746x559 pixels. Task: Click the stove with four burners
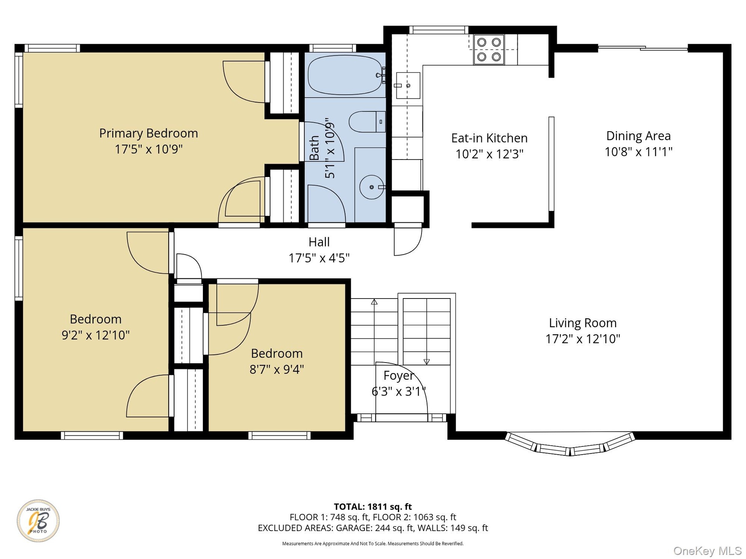489,49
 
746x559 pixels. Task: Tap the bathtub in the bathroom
345,75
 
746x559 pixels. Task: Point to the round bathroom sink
371,187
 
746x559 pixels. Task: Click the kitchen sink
408,85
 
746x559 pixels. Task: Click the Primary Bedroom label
148,133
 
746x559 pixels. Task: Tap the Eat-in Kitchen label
489,138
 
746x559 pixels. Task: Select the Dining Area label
638,136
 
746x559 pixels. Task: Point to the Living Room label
582,323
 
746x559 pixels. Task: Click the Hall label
319,242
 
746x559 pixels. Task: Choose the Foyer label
399,375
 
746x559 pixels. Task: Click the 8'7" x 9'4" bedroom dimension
277,369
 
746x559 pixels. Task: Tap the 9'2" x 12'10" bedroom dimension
96,335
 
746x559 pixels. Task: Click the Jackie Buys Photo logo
38,521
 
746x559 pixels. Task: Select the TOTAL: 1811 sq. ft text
373,507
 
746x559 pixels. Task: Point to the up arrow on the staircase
374,302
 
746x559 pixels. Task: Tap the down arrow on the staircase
427,361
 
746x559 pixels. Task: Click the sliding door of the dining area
643,48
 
